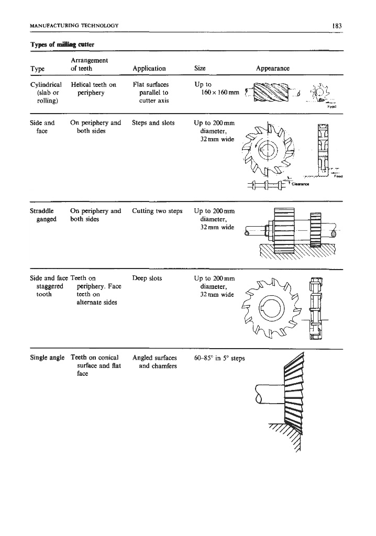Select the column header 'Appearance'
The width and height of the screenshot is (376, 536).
tap(272, 69)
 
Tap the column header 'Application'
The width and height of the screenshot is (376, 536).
tap(149, 69)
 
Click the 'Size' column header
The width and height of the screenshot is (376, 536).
tap(200, 69)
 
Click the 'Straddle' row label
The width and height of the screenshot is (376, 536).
tap(43, 211)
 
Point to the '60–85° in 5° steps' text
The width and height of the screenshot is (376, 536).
tap(219, 358)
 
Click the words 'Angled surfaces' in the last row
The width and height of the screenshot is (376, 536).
tap(154, 358)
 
